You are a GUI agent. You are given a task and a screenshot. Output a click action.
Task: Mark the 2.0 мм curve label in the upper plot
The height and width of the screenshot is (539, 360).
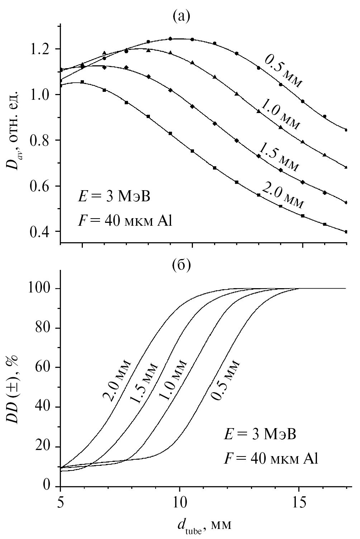(283, 196)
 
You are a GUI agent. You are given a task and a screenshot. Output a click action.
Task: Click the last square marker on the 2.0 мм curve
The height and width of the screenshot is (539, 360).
(346, 232)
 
